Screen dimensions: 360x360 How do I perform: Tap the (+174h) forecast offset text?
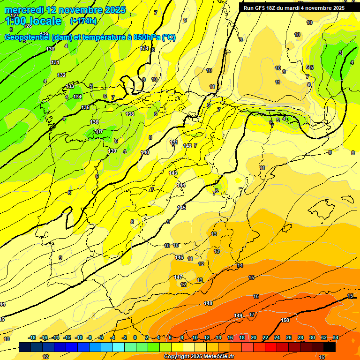coord(83,21)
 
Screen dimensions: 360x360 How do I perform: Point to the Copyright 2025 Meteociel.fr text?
coord(199,357)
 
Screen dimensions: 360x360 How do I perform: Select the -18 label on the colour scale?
coord(32,337)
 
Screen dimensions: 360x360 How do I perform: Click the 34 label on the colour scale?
coord(336,337)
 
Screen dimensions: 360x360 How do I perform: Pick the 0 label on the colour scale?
coord(135,337)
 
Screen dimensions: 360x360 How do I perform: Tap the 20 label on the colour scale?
coord(254,337)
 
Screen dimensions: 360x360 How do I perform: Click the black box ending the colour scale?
coord(330,347)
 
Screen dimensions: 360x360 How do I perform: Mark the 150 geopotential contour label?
coord(285,320)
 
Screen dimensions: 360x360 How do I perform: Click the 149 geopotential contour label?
coord(238,315)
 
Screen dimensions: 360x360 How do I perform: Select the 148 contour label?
coord(208,303)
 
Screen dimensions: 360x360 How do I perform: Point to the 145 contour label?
coord(182,208)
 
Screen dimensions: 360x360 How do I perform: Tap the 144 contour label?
coord(181,185)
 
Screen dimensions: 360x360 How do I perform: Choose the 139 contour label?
coord(112,151)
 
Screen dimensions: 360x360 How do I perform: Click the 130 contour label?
coord(50,49)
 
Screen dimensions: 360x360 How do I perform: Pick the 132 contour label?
coord(61,75)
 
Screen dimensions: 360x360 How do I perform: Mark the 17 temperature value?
coord(252,315)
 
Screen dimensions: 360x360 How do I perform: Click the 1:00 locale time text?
coord(33,21)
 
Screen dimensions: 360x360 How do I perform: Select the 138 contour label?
coord(130,114)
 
